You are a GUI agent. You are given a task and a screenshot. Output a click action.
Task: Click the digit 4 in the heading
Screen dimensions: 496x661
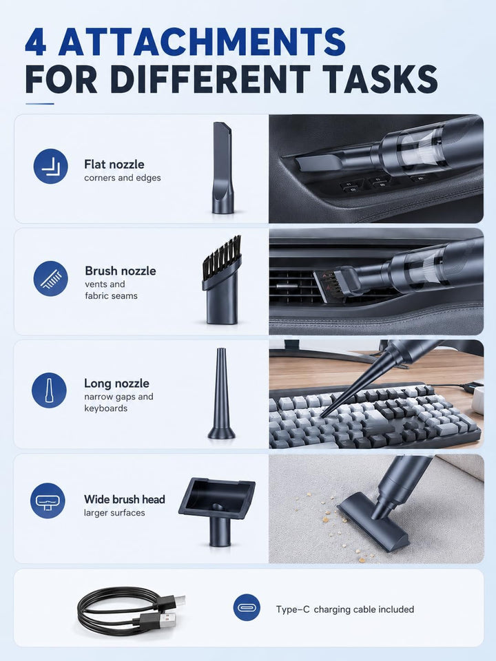tap(36, 42)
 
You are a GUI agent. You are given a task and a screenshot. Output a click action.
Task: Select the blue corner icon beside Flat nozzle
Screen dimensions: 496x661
tap(50, 166)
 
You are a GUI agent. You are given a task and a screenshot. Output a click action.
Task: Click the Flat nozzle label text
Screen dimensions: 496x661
tap(114, 164)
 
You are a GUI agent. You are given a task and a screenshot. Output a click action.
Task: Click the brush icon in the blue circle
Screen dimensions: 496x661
tap(50, 279)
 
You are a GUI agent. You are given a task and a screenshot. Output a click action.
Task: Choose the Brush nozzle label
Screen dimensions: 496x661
tap(121, 271)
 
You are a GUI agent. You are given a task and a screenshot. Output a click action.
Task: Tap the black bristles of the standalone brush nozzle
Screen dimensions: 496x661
tap(223, 253)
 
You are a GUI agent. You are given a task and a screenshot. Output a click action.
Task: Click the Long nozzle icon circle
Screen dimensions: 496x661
tap(49, 390)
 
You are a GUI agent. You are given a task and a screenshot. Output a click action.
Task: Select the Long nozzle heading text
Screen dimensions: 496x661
tap(117, 384)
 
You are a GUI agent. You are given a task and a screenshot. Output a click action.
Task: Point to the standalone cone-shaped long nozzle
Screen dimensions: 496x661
tap(221, 393)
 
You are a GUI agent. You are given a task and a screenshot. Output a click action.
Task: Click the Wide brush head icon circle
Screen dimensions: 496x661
tap(48, 501)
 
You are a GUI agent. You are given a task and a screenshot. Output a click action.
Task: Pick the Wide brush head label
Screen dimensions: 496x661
tap(125, 500)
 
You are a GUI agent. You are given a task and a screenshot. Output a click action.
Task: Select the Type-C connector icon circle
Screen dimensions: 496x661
tap(247, 607)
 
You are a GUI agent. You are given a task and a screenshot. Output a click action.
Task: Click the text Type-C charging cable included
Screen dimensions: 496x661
tap(345, 609)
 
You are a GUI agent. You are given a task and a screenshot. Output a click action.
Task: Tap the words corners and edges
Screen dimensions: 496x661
tap(123, 178)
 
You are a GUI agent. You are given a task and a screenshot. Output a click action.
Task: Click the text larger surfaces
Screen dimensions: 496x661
tap(114, 513)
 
